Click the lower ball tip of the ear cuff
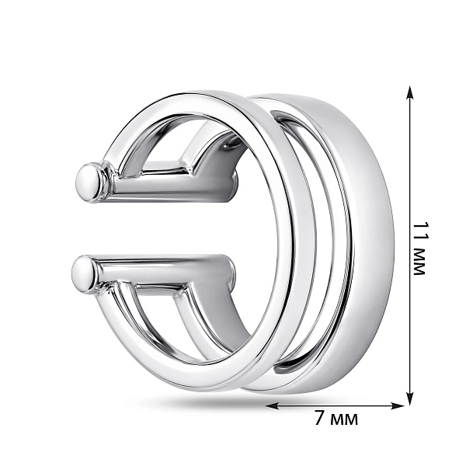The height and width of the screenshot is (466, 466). (84, 273)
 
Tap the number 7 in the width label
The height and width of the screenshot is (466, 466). (320, 419)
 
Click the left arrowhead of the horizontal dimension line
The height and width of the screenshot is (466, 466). (272, 405)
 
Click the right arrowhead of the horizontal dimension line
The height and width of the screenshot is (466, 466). (398, 405)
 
